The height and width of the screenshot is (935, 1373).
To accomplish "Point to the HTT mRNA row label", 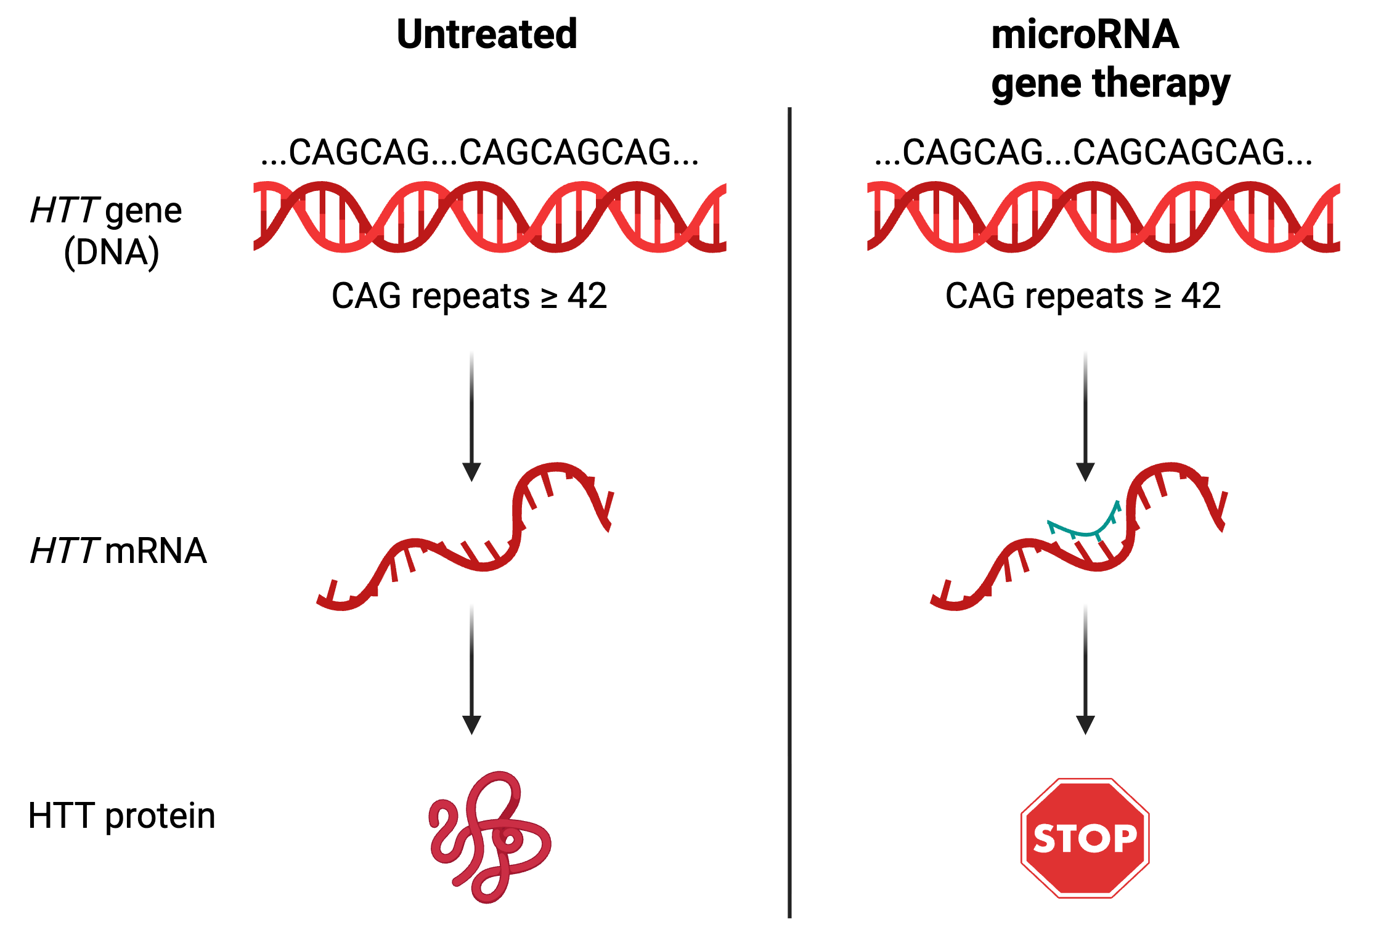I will tap(118, 550).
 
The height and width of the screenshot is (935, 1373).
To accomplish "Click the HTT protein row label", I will tap(121, 816).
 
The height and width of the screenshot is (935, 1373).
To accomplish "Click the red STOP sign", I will tap(1085, 838).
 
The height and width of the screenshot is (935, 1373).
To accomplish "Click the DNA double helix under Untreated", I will tap(490, 217).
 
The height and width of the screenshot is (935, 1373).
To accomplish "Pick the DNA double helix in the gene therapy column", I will tap(1103, 217).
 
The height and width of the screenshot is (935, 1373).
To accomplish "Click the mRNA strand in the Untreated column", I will tap(468, 542).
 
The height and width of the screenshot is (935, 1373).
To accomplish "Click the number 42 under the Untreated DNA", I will tap(587, 296).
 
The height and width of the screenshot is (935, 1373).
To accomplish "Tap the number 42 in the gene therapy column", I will tap(1200, 296).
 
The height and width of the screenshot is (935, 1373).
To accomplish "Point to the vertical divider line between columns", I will tap(789, 511).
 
